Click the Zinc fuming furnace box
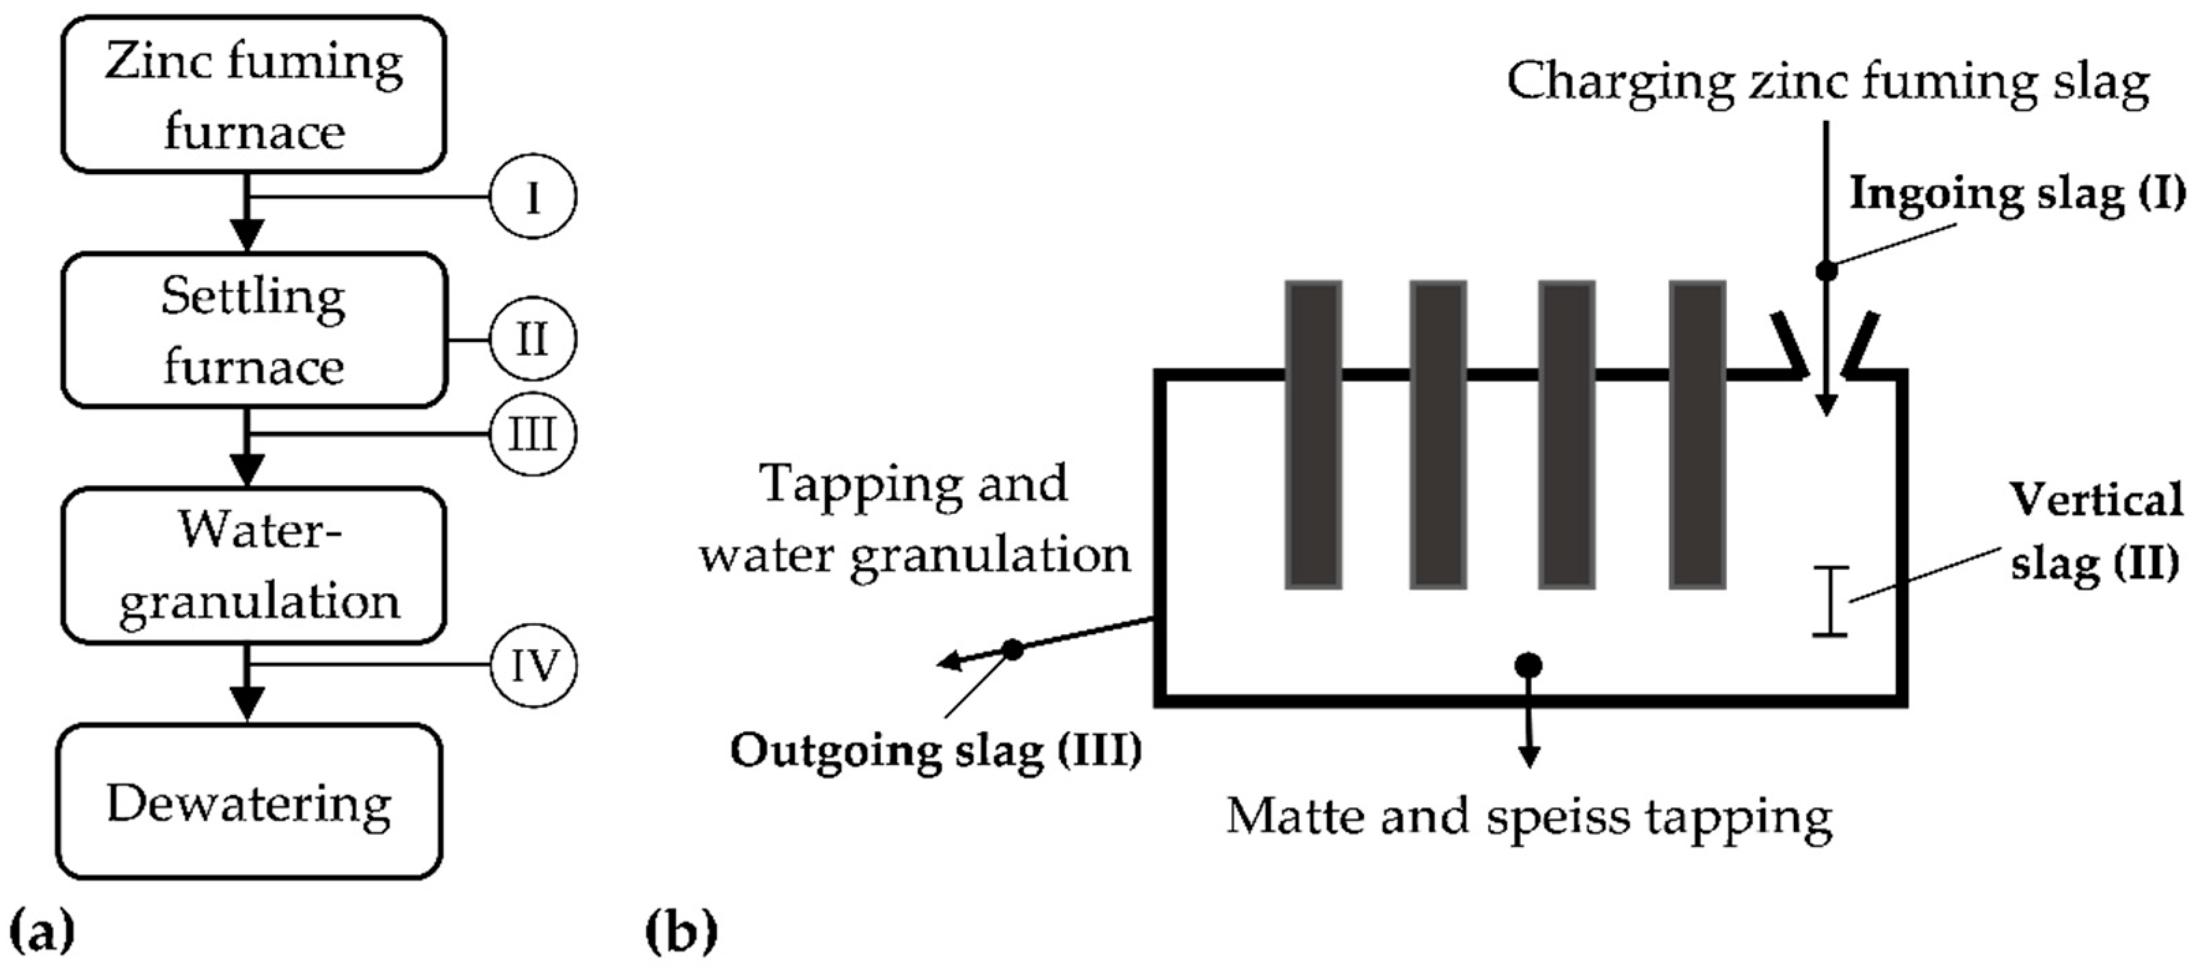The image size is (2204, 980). coord(253,95)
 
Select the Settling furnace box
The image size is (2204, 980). coord(254,330)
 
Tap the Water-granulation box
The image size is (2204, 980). coord(254,565)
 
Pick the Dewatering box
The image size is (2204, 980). coord(250,801)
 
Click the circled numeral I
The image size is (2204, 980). coord(533,197)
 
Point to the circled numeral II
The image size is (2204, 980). coord(533,340)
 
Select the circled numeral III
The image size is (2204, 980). coord(533,434)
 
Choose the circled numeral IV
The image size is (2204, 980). coord(534,665)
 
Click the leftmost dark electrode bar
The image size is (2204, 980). coord(1314,434)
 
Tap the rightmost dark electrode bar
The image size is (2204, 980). coord(1696,434)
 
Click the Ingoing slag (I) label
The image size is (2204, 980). coord(2016,195)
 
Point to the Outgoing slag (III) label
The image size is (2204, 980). coord(935,751)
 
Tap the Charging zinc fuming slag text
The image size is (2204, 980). coord(1827,83)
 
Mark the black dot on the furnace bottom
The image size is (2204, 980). coord(1529,665)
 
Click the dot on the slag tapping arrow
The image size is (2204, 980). coord(1013,650)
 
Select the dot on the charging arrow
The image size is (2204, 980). coord(1827,270)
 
